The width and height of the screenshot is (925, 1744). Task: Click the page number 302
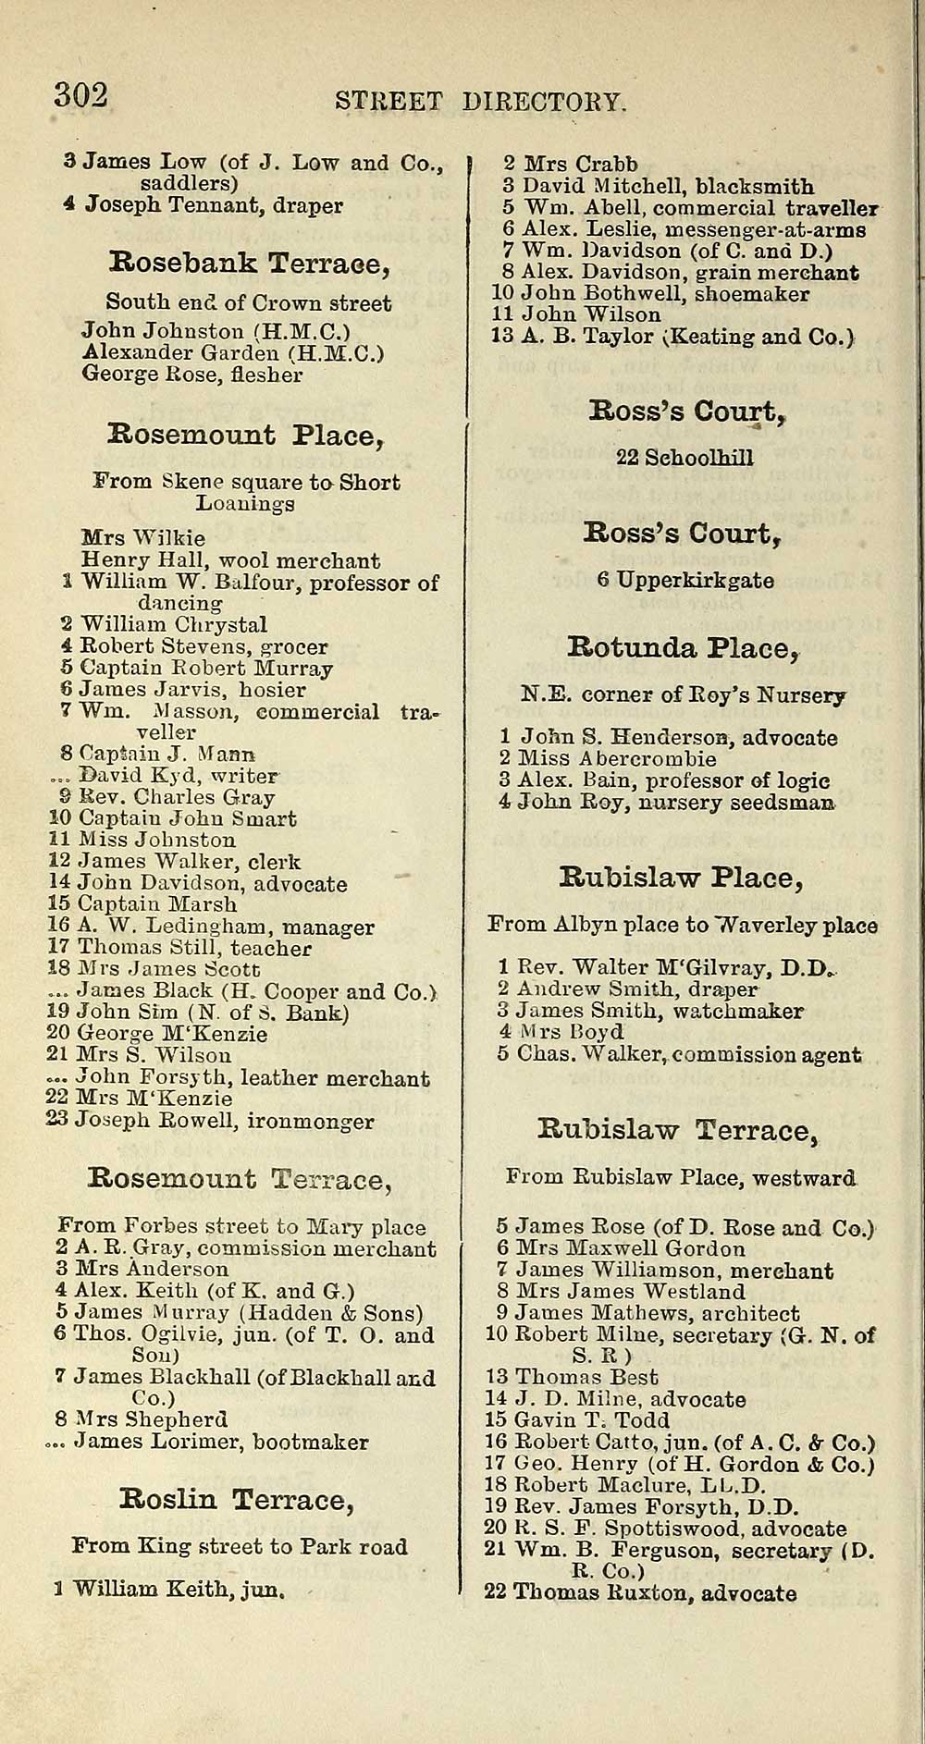(x=81, y=96)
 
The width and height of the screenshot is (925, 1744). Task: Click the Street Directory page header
(x=481, y=101)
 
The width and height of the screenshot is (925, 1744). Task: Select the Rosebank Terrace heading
(x=250, y=264)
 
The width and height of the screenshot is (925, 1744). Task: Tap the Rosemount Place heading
(x=246, y=435)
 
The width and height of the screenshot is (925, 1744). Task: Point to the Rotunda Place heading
(x=683, y=647)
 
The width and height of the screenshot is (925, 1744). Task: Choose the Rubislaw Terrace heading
(x=678, y=1130)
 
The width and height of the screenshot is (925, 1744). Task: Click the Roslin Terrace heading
(x=236, y=1500)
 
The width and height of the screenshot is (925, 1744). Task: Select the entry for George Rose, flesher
(x=192, y=375)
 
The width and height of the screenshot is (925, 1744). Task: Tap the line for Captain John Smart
(x=172, y=818)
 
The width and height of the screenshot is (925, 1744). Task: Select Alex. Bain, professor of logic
(x=663, y=780)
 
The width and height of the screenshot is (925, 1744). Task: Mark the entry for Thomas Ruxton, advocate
(x=640, y=1592)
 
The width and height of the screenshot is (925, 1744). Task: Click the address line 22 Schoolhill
(x=684, y=458)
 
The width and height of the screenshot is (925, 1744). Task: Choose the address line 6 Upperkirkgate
(x=684, y=581)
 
